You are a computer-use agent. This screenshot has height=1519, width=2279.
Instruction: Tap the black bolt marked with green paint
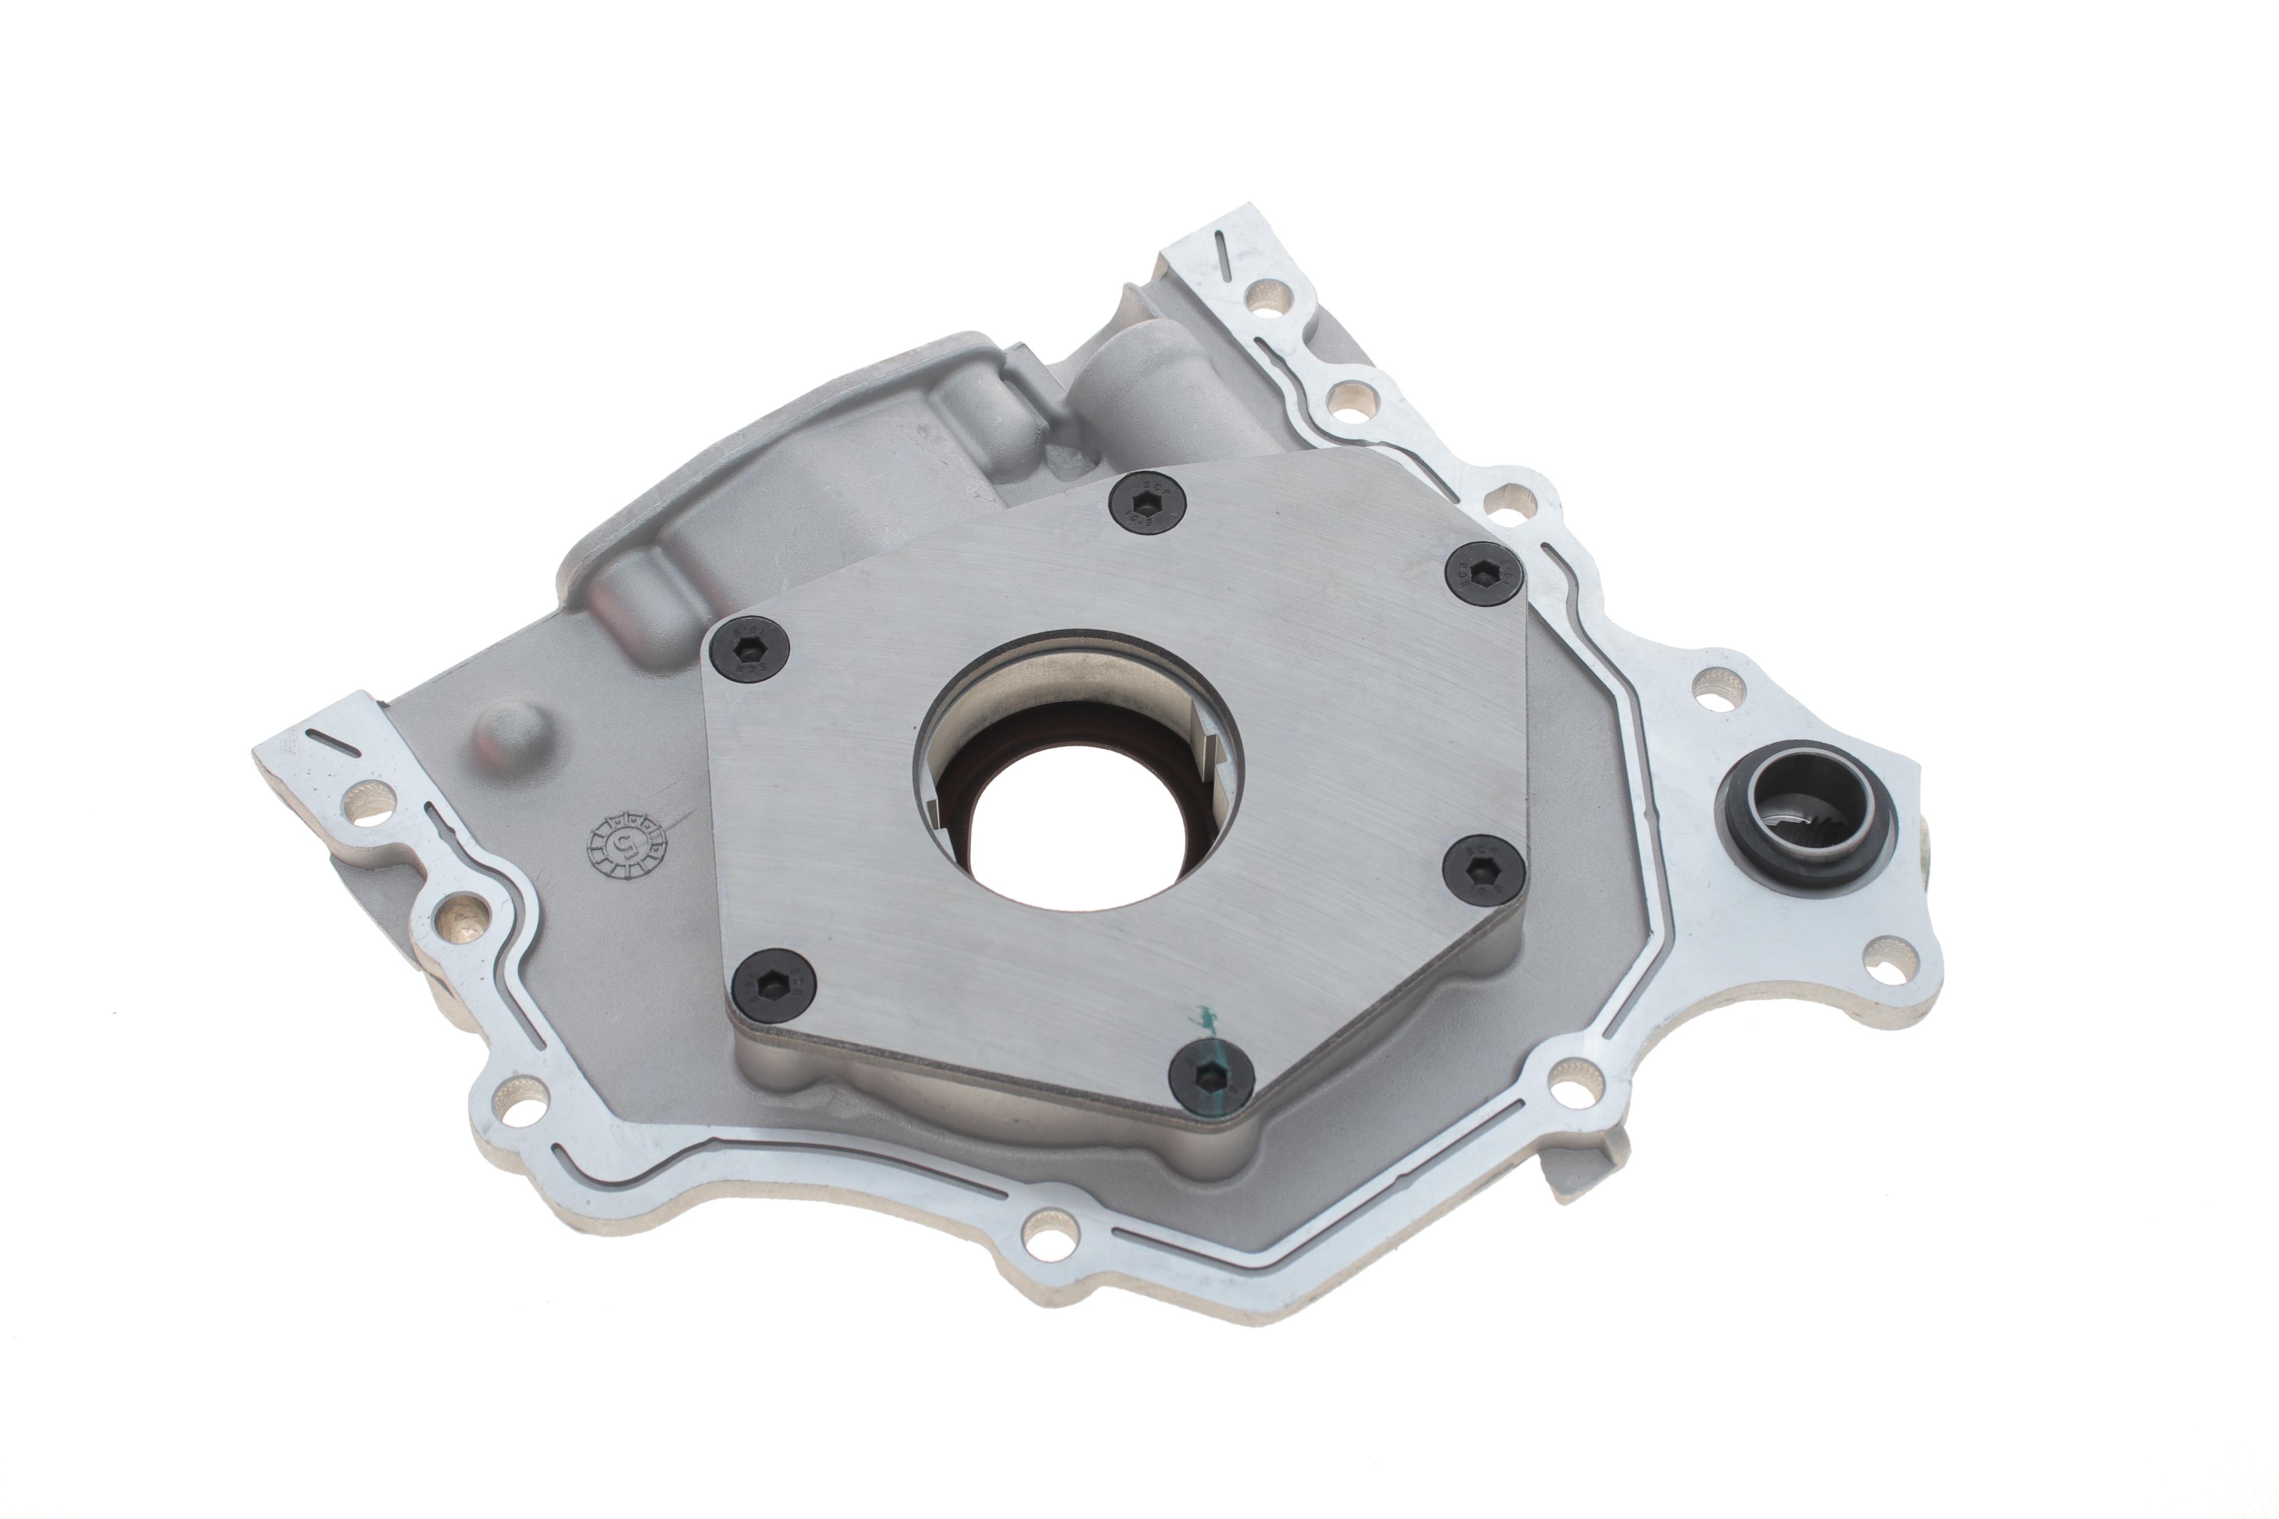pos(1211,1077)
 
